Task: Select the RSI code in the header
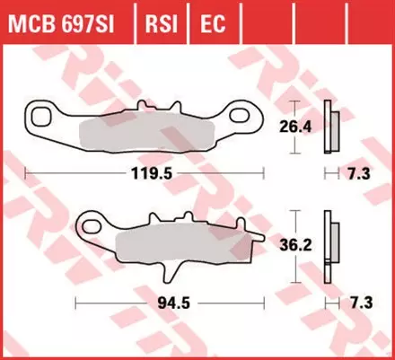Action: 161,18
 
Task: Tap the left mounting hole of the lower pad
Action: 92,220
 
